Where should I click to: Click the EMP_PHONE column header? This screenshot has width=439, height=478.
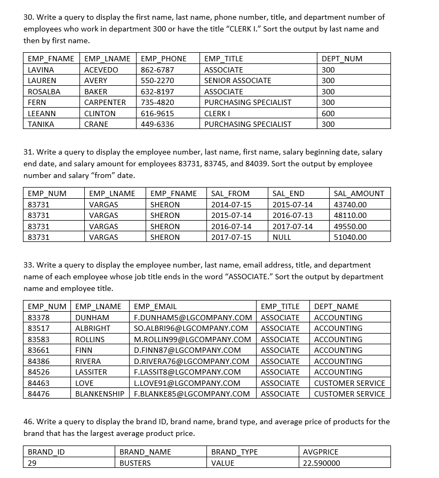tap(163, 59)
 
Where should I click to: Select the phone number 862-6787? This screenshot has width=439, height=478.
tap(157, 70)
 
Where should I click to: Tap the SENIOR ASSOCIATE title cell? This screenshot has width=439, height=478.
tap(237, 80)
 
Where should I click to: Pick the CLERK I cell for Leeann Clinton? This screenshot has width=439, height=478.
tap(217, 114)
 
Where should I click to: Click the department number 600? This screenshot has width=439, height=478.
tap(328, 114)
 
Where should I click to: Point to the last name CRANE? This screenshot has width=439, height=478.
tap(96, 124)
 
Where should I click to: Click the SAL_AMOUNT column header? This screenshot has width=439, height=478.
tap(358, 193)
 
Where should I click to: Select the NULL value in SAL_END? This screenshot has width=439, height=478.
tap(282, 237)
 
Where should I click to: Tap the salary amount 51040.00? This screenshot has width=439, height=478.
tap(350, 237)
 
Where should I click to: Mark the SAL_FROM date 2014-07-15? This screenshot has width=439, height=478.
tap(231, 205)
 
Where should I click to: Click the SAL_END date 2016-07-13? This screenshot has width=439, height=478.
tap(292, 215)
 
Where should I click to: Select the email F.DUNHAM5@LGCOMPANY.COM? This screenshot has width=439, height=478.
tap(193, 318)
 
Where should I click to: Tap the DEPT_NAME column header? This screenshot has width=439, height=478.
tap(336, 306)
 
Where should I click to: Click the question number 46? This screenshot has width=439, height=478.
tap(28, 422)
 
